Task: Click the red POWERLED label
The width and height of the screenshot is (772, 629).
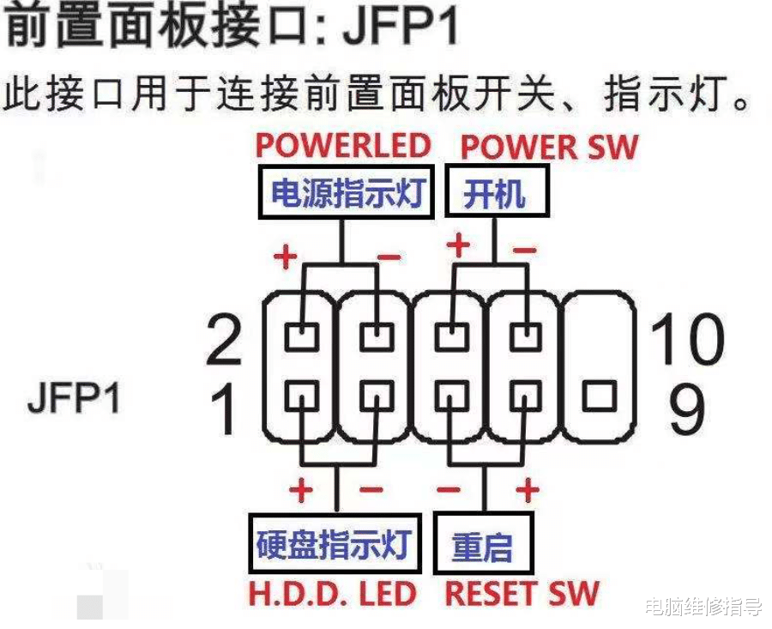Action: tap(343, 145)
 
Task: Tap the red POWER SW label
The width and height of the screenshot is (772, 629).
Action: tap(550, 147)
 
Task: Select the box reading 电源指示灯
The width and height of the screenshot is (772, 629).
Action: tap(346, 192)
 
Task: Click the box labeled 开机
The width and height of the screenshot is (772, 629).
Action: tap(497, 192)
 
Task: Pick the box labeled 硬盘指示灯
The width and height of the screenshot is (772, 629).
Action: tap(335, 544)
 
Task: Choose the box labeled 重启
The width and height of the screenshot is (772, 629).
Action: tap(483, 544)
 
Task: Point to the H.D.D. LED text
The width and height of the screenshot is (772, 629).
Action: tap(334, 593)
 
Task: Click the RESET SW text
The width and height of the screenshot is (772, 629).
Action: tap(522, 593)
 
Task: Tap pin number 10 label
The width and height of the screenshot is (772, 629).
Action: tap(686, 340)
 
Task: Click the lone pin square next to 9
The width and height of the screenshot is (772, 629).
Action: tap(598, 397)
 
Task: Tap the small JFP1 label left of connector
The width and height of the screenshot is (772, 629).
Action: tap(75, 399)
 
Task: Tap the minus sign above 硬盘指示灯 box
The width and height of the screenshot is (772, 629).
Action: tap(372, 491)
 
